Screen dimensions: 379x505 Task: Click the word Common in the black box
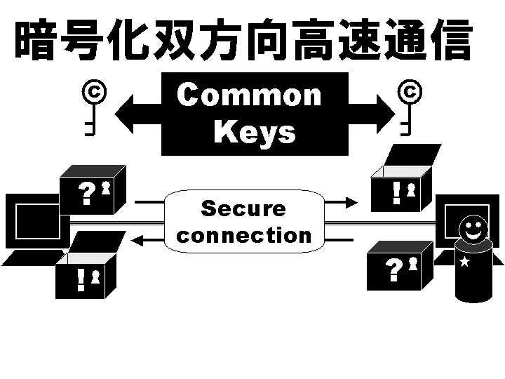coord(249,95)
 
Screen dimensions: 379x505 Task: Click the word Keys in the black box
coord(254,131)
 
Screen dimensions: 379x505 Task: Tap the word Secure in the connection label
coord(243,208)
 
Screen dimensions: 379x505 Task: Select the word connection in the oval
coord(244,235)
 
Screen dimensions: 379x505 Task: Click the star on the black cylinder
coord(464,262)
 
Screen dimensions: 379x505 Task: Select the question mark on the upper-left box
coord(86,193)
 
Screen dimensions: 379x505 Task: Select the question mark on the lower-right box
coord(395,270)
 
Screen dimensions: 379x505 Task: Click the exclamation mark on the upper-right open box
coord(396,192)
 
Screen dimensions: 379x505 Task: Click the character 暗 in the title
coord(36,42)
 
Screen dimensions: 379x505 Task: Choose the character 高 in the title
coord(311,42)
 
